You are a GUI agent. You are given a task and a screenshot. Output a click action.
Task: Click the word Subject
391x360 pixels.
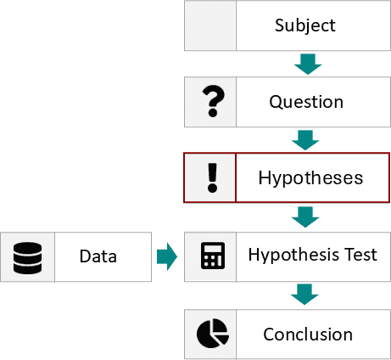coord(305,25)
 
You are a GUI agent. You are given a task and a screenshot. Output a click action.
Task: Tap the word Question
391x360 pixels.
coord(306,102)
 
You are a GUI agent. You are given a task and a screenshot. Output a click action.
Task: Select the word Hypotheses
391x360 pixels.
coord(310,178)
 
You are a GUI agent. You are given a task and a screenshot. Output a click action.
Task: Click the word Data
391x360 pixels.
coord(98,256)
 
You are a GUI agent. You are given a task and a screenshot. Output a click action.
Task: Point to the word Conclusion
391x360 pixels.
coord(308,335)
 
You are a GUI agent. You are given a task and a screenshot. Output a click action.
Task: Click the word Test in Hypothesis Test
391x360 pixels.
coord(361,254)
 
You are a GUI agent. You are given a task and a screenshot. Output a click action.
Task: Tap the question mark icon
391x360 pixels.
coord(214,101)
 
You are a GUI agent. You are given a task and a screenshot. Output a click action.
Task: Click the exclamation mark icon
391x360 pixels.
coord(212,177)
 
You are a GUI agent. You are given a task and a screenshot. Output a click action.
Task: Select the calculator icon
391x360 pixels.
coord(213,256)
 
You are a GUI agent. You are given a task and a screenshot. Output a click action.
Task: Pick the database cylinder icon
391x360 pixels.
coord(28,258)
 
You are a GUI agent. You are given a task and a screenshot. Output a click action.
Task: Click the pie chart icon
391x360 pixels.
coord(213,333)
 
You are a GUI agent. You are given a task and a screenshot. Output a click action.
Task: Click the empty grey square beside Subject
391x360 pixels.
coord(210,25)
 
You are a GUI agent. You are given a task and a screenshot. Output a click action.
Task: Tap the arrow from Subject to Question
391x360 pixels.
coord(308,65)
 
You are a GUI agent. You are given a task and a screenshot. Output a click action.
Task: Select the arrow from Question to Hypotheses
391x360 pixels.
coord(305,140)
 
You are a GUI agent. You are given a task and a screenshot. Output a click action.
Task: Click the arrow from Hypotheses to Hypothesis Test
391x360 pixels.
coord(305,217)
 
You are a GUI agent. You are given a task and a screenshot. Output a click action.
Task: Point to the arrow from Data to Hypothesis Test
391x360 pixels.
coord(167,256)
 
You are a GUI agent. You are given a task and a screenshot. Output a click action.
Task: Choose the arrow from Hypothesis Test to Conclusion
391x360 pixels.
coord(304,295)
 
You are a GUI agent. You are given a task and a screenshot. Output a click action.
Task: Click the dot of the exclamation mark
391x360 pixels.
coord(212,188)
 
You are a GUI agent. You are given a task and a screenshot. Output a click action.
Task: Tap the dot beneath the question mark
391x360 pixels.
coord(213,112)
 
